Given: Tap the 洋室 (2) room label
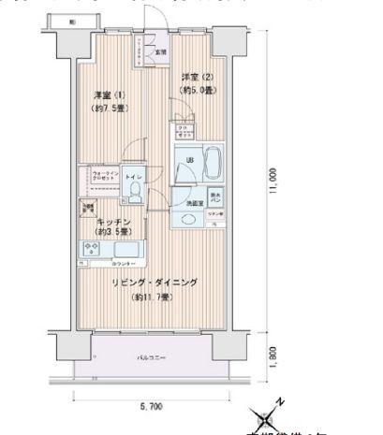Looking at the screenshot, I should pyautogui.click(x=194, y=77).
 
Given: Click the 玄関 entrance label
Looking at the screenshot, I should pyautogui.click(x=161, y=51).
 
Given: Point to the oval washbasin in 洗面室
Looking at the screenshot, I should pyautogui.click(x=188, y=220).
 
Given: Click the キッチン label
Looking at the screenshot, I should pyautogui.click(x=111, y=223).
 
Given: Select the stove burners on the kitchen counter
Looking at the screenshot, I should pyautogui.click(x=93, y=249).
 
